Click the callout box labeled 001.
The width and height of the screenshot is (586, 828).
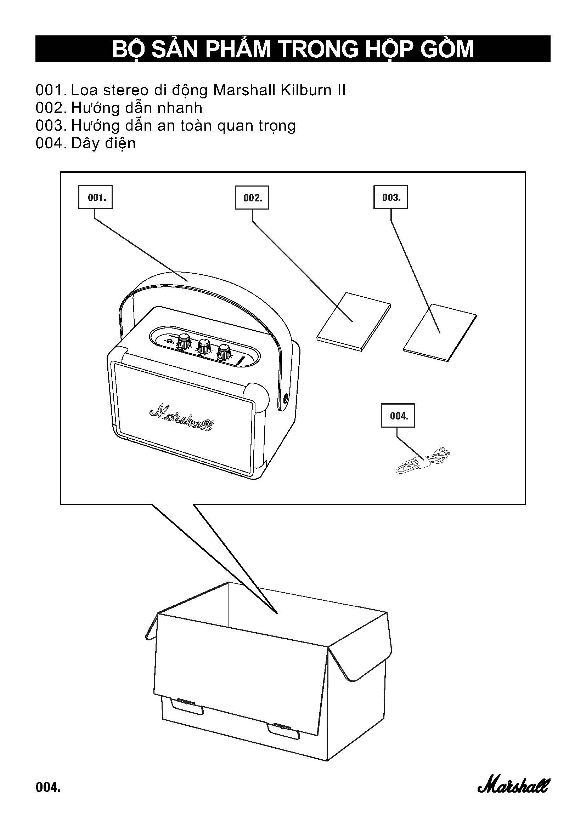pos(95,197)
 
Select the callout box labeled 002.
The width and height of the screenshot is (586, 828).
pos(252,198)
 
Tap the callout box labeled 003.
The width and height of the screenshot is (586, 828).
pos(390,197)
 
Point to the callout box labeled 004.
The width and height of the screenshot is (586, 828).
pos(398,416)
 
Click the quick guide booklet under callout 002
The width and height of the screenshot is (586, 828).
pos(354,321)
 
